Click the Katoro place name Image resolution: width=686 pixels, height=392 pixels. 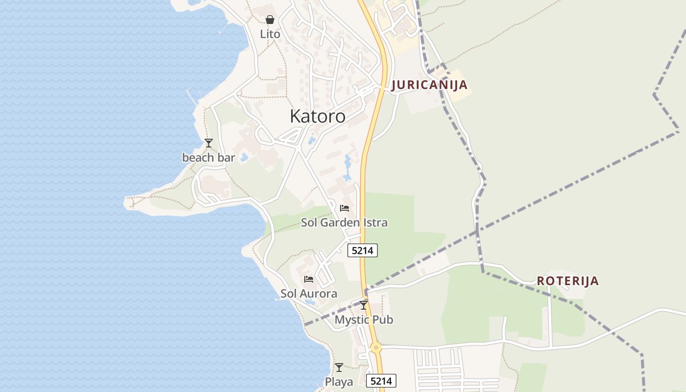point(318,117)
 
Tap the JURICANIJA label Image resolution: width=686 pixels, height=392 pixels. point(429,85)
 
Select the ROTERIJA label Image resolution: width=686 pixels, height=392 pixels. point(567,281)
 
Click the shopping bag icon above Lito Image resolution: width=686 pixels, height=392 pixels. point(270,20)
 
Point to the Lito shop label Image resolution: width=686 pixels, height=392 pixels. point(270,34)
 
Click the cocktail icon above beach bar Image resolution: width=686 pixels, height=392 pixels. point(209,143)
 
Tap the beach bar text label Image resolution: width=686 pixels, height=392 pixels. point(209,158)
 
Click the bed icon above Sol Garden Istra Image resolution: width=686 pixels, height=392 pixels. point(344,208)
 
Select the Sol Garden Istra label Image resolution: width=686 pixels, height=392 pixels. point(344,223)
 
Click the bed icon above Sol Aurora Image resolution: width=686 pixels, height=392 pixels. point(309,279)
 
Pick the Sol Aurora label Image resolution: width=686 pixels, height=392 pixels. point(309,294)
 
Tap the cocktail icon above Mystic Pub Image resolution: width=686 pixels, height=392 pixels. point(364,305)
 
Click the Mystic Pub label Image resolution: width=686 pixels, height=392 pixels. point(364,320)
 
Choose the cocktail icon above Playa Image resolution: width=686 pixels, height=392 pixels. point(339,367)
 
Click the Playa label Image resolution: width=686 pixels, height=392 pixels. point(339,382)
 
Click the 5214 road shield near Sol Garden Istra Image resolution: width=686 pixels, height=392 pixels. point(363,250)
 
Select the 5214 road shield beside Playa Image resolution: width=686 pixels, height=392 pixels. point(381,381)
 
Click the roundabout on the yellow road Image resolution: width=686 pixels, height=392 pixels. point(376,347)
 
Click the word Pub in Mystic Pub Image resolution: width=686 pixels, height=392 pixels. point(382,320)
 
